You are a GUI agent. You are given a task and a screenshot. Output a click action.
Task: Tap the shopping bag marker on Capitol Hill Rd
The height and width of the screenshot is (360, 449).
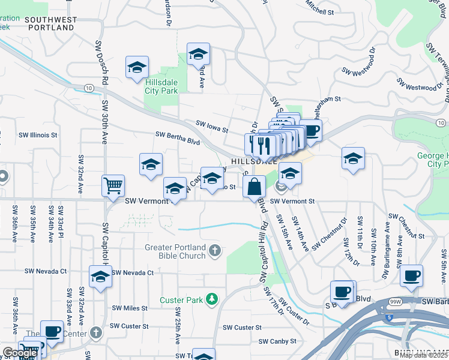coord(254,187)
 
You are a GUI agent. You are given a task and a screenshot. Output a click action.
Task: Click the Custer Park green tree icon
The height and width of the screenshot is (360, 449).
coord(211,299)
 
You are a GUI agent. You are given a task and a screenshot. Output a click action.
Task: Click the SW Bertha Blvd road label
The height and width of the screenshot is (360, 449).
coord(177,139)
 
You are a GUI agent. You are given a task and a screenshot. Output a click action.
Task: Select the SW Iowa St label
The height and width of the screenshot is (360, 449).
coord(212,126)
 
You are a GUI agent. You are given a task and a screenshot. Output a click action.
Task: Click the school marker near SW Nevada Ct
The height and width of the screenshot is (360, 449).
coord(100,277)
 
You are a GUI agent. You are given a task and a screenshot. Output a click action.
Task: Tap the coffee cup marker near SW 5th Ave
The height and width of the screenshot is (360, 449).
coord(411,275)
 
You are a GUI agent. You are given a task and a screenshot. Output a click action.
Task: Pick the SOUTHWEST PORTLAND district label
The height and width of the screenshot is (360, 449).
coord(51,23)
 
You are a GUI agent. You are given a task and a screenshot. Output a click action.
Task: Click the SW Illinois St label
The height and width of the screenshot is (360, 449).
coord(37,135)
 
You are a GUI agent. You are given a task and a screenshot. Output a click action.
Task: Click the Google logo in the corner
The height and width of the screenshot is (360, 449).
coord(20,353)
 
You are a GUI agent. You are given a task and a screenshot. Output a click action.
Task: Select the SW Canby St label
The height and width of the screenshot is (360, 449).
coord(277,341)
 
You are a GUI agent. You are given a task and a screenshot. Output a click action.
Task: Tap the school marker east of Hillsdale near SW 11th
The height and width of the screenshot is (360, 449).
coord(353,159)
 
